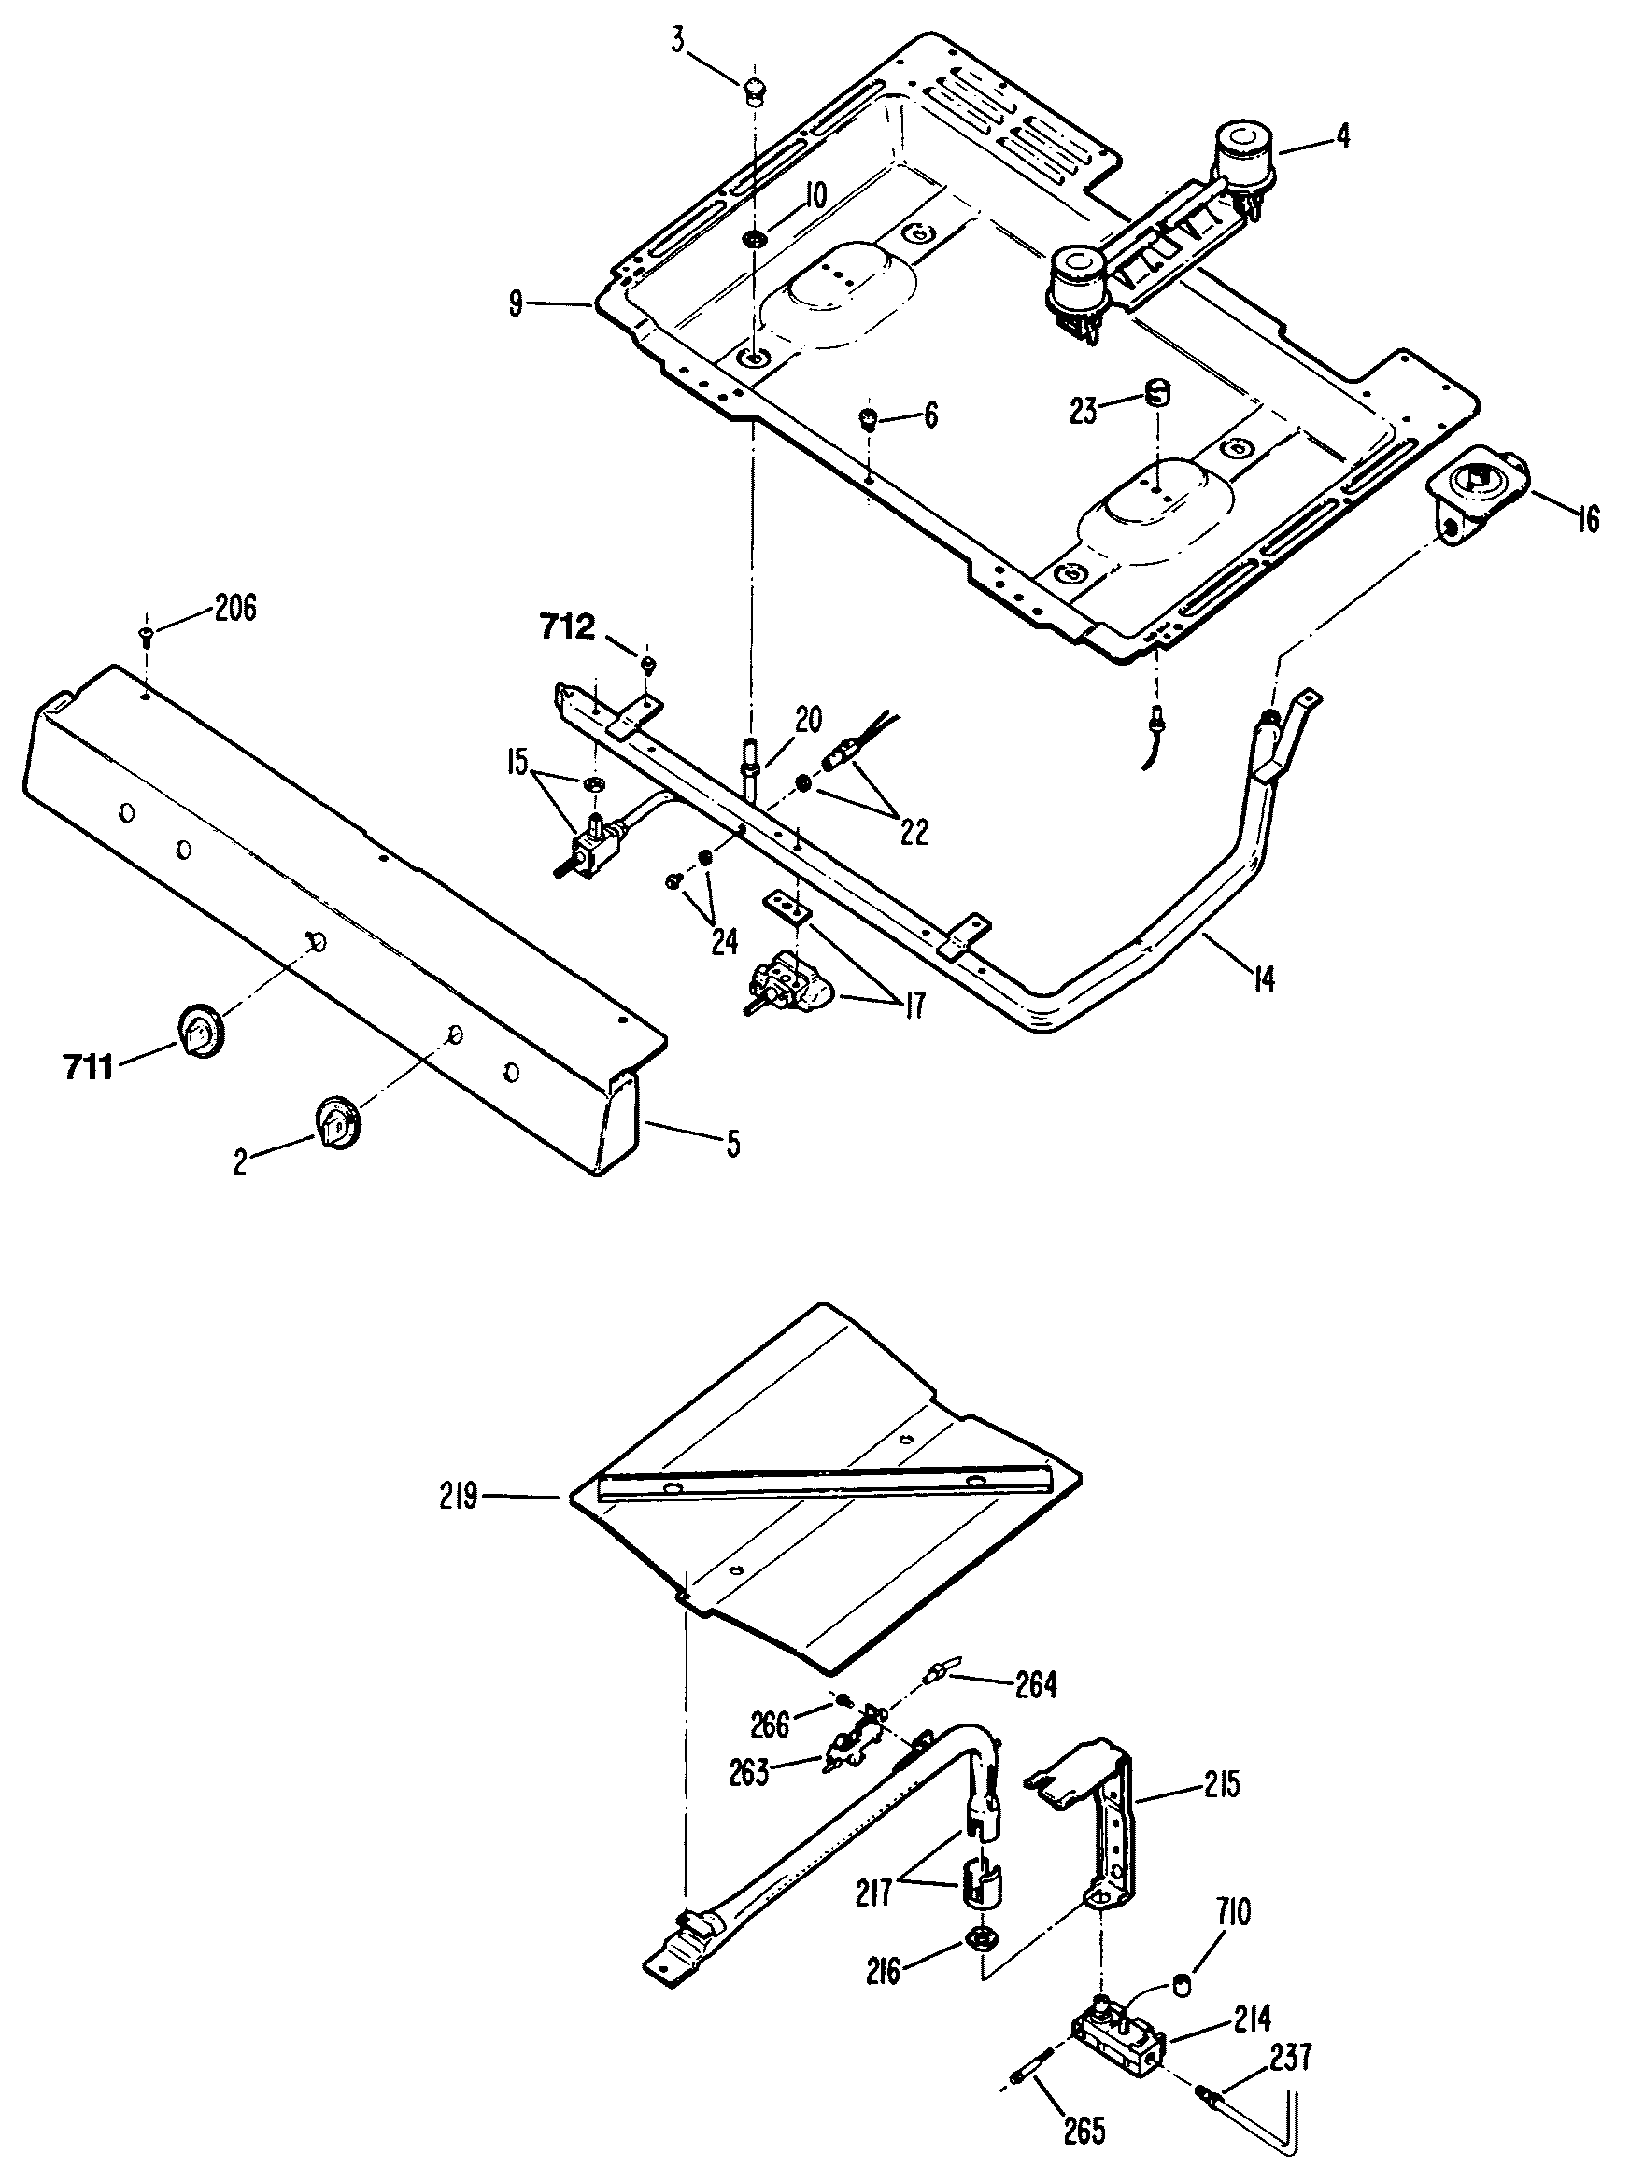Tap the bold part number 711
coord(89,1067)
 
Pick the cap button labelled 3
coord(756,90)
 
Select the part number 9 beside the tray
coord(516,304)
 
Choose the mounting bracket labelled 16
coord(1478,495)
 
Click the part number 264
coord(1036,1685)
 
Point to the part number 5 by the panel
coord(731,1144)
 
